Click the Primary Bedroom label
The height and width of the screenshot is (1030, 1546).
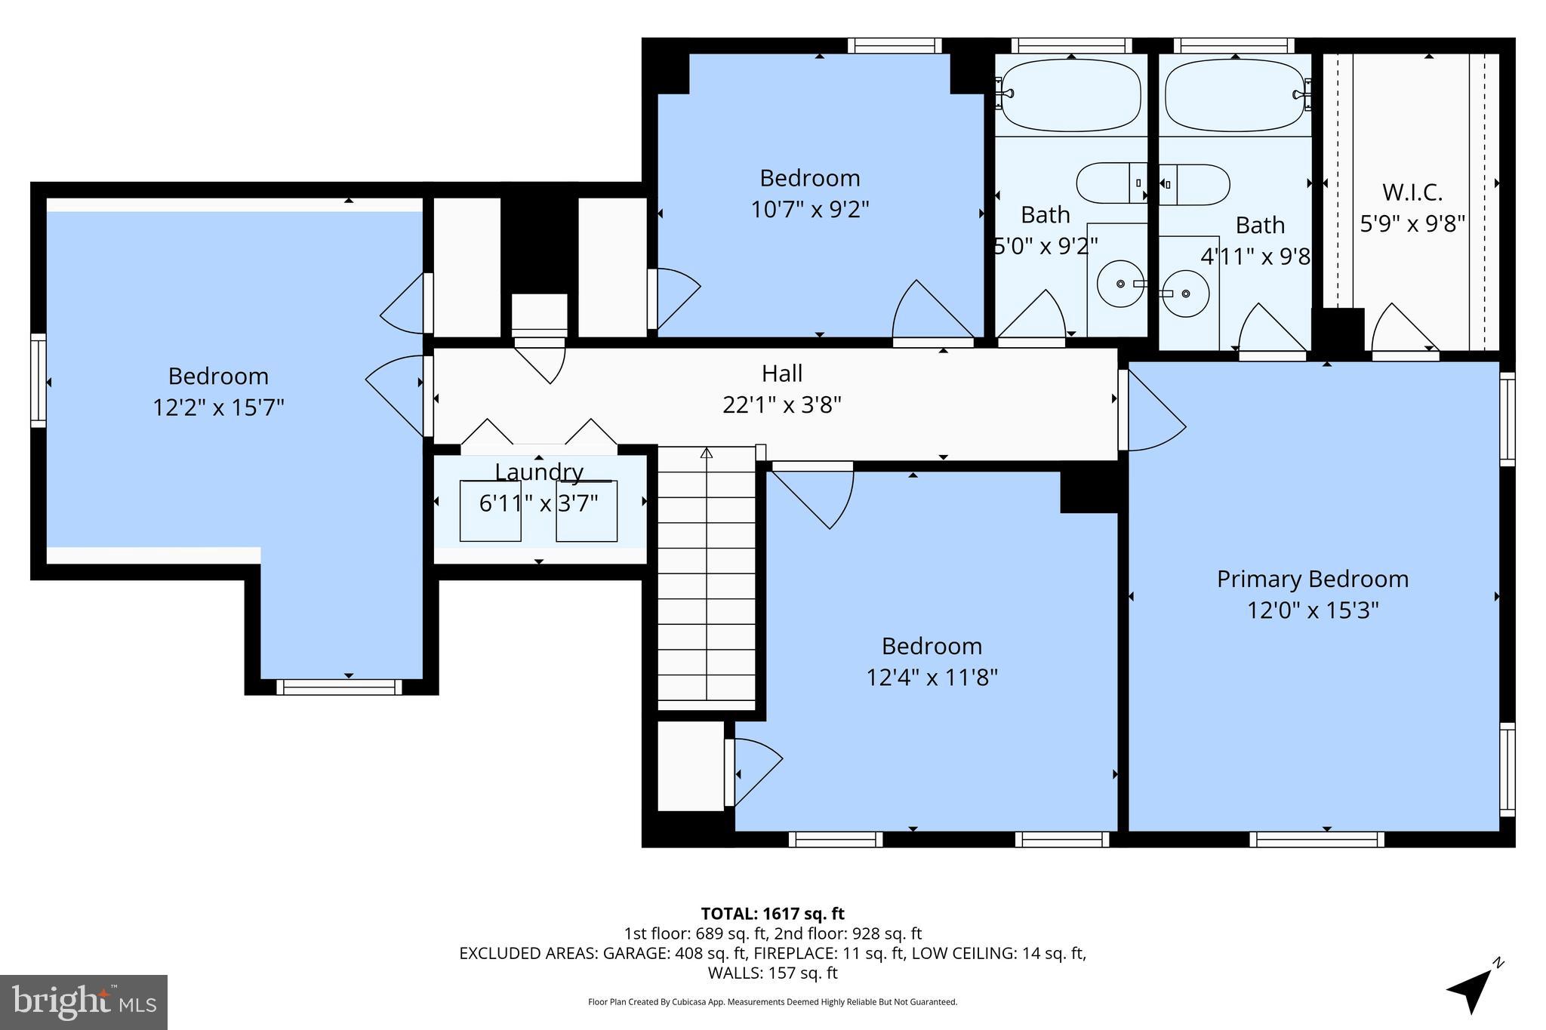[1312, 579]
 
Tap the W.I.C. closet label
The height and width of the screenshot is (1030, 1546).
[1412, 192]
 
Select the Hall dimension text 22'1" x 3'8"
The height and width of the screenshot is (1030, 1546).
[781, 405]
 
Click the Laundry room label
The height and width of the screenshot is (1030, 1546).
[539, 472]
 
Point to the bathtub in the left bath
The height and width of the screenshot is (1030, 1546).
[1071, 96]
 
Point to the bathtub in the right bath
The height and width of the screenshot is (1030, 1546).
[1234, 96]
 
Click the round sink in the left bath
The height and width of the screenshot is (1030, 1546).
[1120, 284]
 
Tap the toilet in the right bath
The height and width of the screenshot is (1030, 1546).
[1193, 184]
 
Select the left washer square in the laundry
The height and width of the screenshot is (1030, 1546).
[490, 511]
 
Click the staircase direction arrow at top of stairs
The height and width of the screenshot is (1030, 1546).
[707, 454]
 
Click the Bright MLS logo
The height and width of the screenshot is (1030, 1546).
[84, 1002]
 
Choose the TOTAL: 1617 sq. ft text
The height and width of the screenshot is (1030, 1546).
[772, 914]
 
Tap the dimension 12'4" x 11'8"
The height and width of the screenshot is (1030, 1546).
[932, 677]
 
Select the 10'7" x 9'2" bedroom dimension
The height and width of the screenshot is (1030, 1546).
[809, 209]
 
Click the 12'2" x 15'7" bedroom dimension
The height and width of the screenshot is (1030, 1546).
[218, 407]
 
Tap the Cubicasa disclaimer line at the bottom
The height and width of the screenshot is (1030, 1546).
[772, 1002]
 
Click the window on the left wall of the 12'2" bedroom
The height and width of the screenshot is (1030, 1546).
[38, 381]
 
